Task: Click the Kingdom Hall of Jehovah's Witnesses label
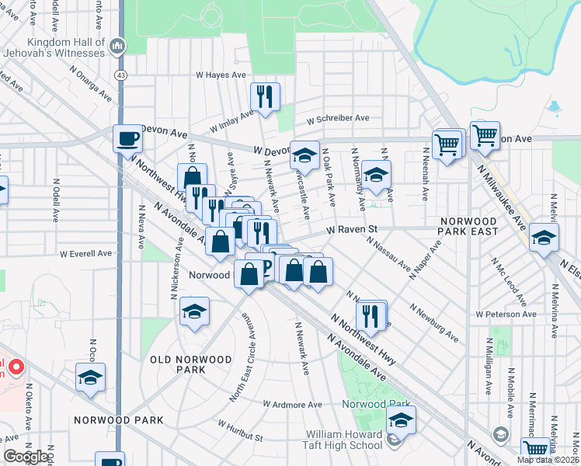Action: click(65, 47)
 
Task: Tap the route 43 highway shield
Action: click(120, 75)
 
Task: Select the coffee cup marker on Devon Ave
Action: click(128, 139)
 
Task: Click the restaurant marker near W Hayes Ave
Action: click(265, 96)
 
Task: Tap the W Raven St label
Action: click(351, 230)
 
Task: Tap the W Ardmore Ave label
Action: click(292, 405)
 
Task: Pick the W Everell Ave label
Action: click(87, 253)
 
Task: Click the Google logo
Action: click(25, 457)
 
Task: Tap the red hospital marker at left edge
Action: click(12, 365)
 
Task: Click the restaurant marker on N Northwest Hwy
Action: click(371, 315)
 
